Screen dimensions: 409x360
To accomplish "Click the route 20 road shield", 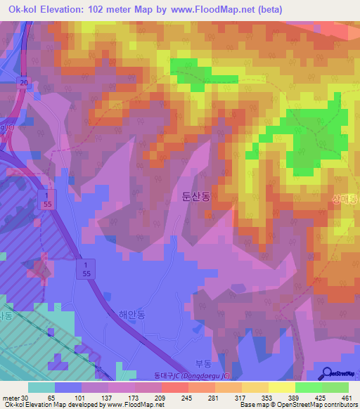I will pyautogui.click(x=23, y=83).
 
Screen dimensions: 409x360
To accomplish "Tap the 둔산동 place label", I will pyautogui.click(x=193, y=197).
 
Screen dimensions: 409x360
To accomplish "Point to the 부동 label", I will pyautogui.click(x=203, y=363).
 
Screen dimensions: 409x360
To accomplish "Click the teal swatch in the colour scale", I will pyautogui.click(x=41, y=387).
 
